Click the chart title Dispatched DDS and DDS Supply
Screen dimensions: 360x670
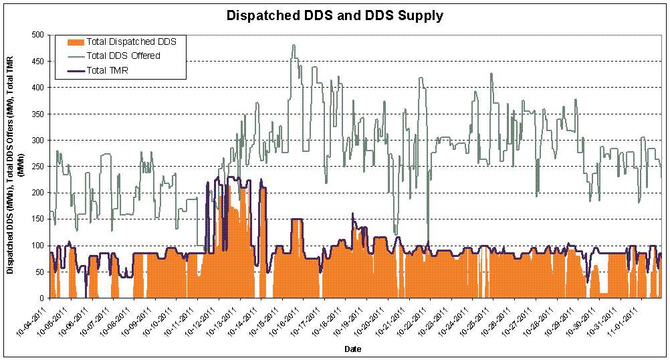(334, 15)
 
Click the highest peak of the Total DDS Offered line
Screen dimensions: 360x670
(294, 45)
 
